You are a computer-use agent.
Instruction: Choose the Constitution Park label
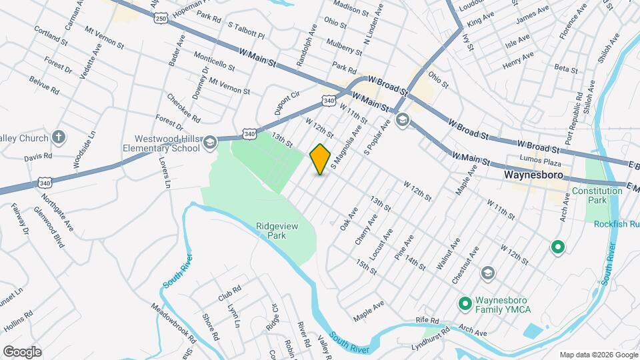point(598,195)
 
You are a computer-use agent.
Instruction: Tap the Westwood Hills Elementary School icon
point(210,142)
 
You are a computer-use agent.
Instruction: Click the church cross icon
point(59,138)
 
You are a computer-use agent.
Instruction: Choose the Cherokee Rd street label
point(184,108)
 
